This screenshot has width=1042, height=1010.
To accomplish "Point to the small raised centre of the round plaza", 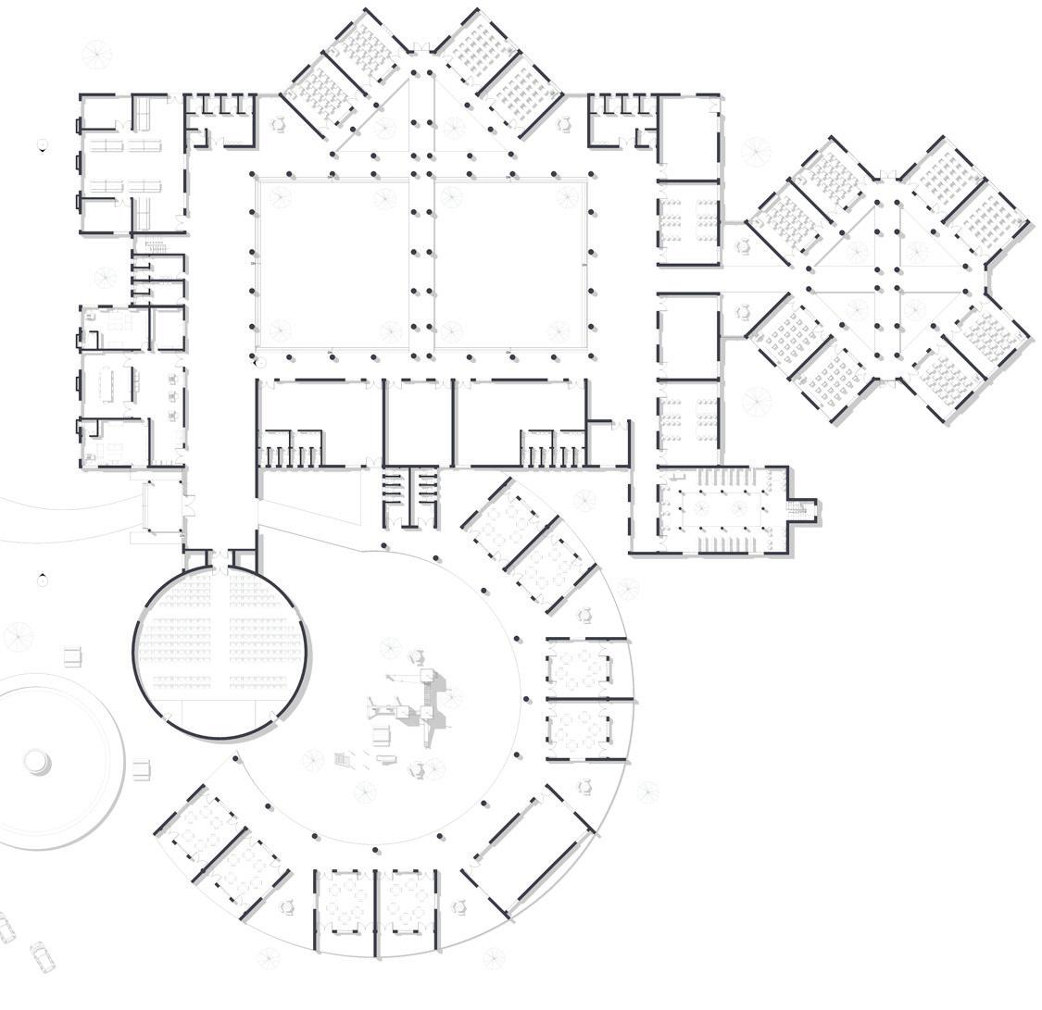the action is [x=37, y=762].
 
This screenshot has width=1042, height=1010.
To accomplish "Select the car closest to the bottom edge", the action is [x=42, y=955].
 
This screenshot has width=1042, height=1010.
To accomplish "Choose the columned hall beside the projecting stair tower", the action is [x=722, y=508].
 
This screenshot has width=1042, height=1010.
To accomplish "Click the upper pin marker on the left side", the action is [x=43, y=145].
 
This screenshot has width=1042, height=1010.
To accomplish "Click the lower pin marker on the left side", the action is [x=43, y=579].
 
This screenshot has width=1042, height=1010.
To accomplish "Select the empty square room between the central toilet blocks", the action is [x=419, y=422].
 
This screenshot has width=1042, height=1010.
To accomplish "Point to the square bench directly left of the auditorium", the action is [x=73, y=657].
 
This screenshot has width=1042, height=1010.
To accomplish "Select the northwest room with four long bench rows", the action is [x=130, y=167].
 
